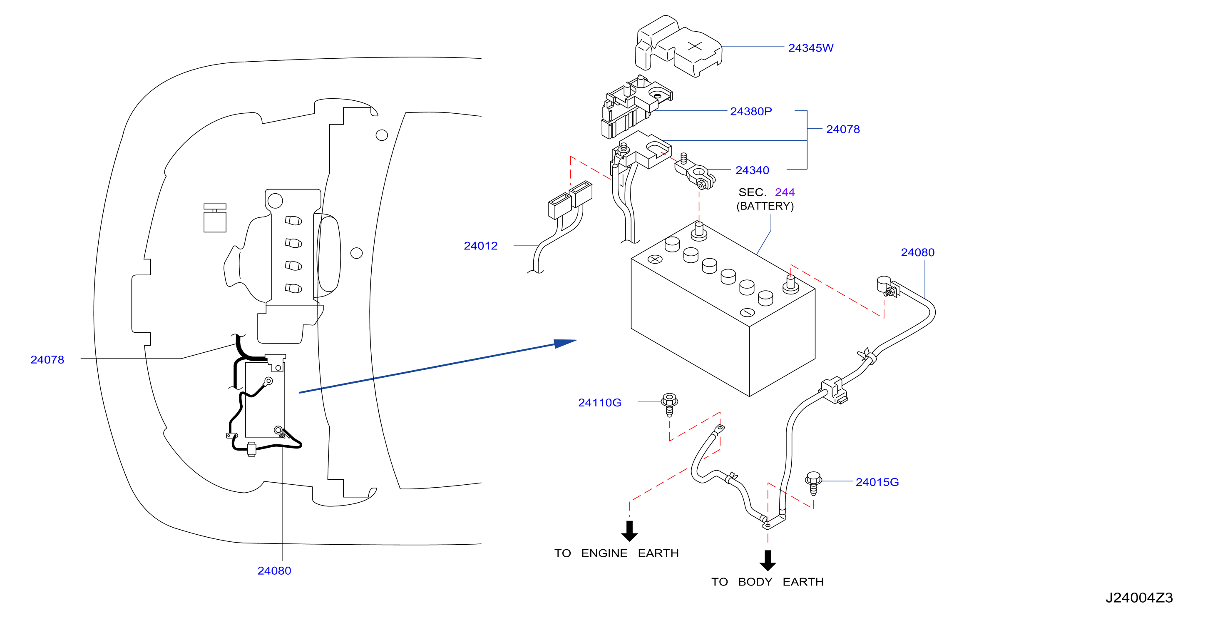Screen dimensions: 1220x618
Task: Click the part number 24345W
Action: click(810, 48)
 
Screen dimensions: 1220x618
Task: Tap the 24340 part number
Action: click(752, 170)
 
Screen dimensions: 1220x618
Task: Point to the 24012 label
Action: click(481, 246)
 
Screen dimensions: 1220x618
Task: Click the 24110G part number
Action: click(599, 402)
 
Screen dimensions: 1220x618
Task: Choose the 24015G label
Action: click(877, 482)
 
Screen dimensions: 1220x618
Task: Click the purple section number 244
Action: click(785, 192)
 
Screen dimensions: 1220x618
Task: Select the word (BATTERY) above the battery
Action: click(765, 206)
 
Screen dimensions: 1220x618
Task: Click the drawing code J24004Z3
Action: click(1139, 598)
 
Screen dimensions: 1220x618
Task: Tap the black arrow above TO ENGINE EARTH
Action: click(629, 531)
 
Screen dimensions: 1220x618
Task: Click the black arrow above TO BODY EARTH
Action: click(768, 560)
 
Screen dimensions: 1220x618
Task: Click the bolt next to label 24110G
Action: click(669, 404)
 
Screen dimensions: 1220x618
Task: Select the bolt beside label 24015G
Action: click(813, 483)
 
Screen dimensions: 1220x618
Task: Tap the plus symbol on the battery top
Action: click(655, 259)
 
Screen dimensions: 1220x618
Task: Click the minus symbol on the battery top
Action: click(747, 312)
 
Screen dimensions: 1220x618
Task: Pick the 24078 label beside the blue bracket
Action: click(842, 130)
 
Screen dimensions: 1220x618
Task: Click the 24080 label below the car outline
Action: click(274, 571)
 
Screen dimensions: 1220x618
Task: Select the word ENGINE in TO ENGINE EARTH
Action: click(604, 553)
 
